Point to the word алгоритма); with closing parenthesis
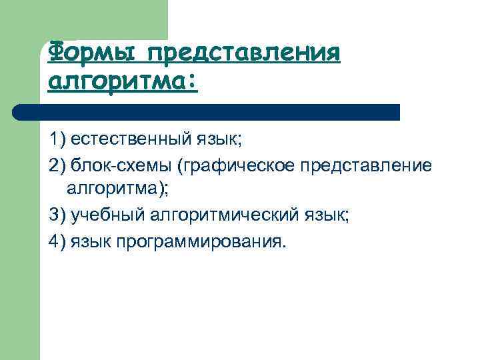(x=118, y=189)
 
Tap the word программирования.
(x=201, y=240)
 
